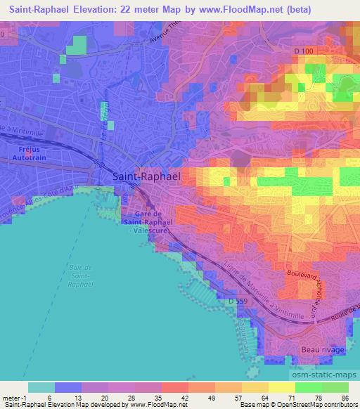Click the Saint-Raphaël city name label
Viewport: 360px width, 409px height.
pyautogui.click(x=146, y=177)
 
